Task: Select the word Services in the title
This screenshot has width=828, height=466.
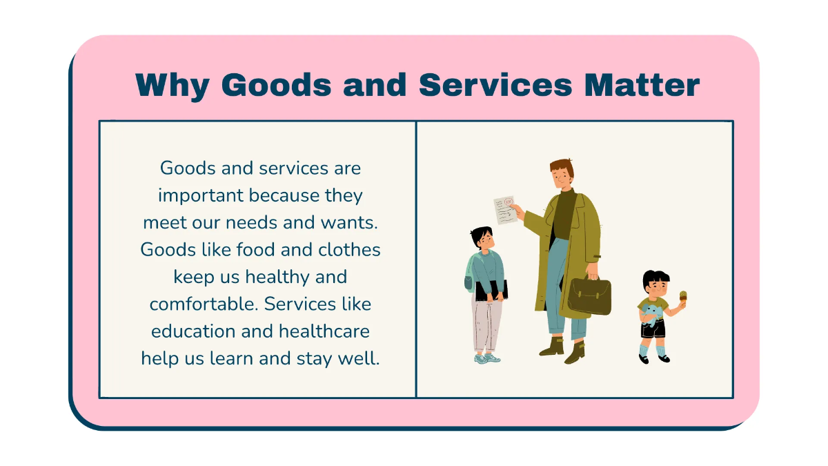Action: (495, 86)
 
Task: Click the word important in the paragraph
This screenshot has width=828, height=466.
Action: (201, 195)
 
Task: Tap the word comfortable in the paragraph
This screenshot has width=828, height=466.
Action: (204, 304)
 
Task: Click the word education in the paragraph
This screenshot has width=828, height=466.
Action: (193, 331)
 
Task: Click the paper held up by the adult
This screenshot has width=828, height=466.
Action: (506, 210)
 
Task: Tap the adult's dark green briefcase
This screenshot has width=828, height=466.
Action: (590, 295)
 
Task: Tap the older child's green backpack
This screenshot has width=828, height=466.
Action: (470, 276)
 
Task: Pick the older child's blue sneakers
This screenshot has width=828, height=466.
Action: (486, 358)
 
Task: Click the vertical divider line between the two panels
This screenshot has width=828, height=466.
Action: (416, 260)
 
